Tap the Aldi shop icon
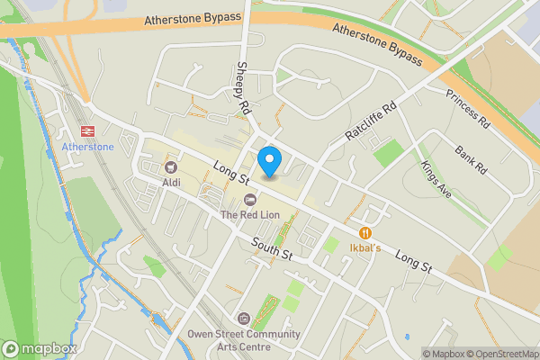(x=170, y=166)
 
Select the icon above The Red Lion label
(x=251, y=198)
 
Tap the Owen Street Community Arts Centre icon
(x=242, y=319)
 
